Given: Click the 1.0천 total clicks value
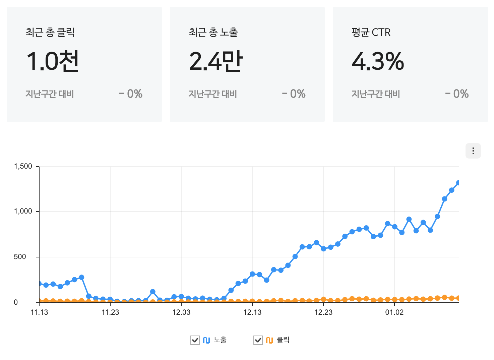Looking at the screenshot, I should [x=53, y=61].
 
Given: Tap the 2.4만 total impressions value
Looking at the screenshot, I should [x=216, y=61].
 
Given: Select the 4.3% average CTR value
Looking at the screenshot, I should [x=378, y=61].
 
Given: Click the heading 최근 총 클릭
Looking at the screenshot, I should [x=50, y=32].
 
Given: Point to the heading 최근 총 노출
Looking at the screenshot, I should [x=213, y=32].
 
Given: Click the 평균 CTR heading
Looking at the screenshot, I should [x=371, y=32].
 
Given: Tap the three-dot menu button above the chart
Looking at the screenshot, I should [x=473, y=151].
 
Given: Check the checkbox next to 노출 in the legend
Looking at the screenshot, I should [x=195, y=340].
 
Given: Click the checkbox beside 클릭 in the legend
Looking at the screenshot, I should [x=258, y=340].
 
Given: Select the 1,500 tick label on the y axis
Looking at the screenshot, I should [x=23, y=166].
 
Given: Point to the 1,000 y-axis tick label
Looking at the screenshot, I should [x=23, y=211].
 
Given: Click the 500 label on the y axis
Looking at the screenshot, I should [x=20, y=257].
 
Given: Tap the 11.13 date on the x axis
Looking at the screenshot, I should [x=39, y=312].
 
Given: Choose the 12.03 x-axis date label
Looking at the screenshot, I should [x=181, y=312].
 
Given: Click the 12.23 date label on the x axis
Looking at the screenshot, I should [x=323, y=312].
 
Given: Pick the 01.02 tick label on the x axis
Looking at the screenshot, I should [x=394, y=312].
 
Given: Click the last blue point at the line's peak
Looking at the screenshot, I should [x=458, y=183].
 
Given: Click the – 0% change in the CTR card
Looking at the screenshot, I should [x=457, y=94].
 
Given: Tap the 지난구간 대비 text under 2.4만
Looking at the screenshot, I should [x=212, y=94].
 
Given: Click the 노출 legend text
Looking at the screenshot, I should [x=220, y=340].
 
